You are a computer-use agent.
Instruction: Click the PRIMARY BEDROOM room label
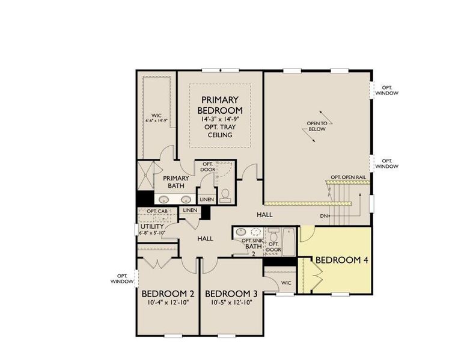[220, 105]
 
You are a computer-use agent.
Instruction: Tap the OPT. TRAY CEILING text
[220, 131]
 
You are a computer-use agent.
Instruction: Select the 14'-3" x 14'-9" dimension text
[220, 120]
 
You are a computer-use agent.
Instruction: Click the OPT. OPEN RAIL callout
[348, 177]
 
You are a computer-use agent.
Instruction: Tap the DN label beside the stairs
[324, 215]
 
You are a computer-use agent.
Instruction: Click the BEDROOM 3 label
[231, 294]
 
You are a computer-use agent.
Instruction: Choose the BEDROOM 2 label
[168, 294]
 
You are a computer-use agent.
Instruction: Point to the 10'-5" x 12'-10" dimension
[231, 303]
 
